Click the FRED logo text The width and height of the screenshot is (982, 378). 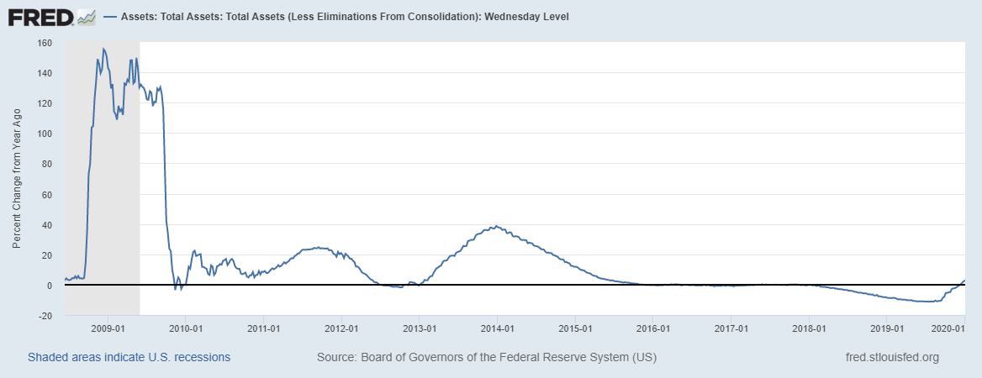40,17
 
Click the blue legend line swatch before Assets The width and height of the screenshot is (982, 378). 110,17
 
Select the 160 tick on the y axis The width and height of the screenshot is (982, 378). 45,43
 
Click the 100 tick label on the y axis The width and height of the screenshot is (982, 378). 45,134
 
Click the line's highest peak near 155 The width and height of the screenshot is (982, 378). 103,49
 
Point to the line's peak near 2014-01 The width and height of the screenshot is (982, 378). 496,226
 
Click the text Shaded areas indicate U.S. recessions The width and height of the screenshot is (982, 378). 129,357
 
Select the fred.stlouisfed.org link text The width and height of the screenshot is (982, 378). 891,357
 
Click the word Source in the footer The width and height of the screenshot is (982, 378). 335,357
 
